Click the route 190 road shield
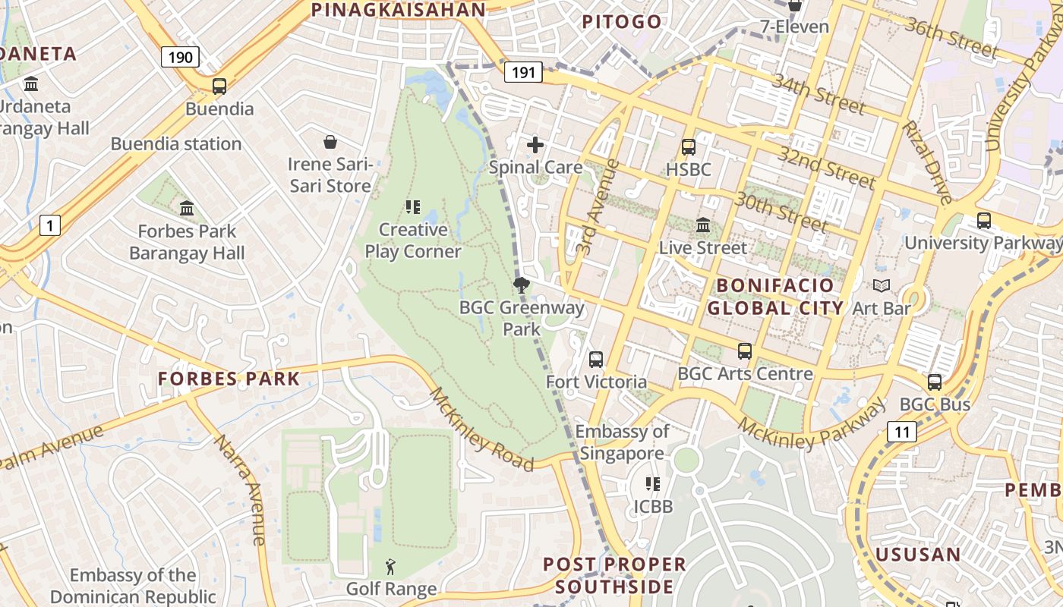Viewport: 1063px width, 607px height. click(180, 57)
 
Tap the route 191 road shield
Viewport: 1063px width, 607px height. click(523, 73)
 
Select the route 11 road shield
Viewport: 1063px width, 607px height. click(901, 432)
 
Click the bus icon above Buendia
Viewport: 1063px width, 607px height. click(219, 86)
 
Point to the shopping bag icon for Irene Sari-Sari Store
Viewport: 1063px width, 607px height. click(330, 142)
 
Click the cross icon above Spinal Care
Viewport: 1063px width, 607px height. click(535, 145)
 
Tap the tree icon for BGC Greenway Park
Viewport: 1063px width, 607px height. click(521, 285)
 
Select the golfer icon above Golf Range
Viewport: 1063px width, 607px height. click(390, 567)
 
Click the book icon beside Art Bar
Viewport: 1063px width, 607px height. click(881, 286)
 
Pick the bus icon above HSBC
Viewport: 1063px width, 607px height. click(688, 147)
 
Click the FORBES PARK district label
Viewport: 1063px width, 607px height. click(229, 379)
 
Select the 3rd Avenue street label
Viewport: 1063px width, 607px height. click(598, 206)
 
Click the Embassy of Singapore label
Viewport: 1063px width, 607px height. click(622, 442)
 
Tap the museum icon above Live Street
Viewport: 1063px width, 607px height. click(702, 225)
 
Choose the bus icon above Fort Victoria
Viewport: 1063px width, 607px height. click(596, 360)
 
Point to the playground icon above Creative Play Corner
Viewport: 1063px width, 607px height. click(412, 207)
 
